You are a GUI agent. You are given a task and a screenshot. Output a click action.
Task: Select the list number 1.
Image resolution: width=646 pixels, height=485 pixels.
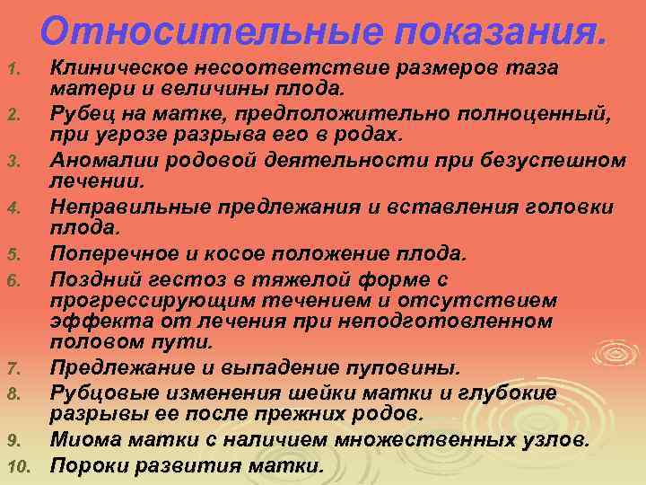click(13, 70)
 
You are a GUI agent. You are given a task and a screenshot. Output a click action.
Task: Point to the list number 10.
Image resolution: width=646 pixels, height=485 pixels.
click(18, 466)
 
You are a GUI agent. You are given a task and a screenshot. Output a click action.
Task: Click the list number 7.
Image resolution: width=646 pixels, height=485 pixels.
click(13, 368)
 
